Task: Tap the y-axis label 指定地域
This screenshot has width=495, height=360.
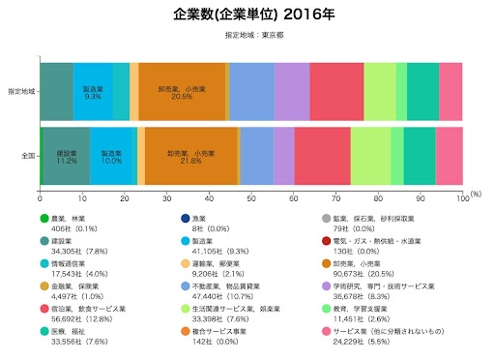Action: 19,91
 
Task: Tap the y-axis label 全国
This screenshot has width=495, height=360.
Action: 27,155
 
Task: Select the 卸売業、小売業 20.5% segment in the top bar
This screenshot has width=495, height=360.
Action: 182,91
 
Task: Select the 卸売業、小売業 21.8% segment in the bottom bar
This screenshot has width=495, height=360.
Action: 190,155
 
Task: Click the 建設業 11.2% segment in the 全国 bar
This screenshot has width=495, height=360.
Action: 66,155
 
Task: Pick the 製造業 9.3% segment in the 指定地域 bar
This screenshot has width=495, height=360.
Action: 93,91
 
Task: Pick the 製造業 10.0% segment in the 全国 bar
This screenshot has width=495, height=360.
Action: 111,155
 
